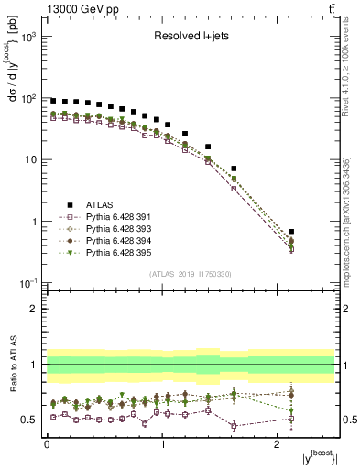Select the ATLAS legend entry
click(x=100, y=204)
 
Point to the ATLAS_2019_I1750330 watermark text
click(x=190, y=274)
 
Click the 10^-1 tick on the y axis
click(x=30, y=282)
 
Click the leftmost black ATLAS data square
click(x=53, y=101)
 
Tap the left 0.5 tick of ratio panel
click(x=33, y=420)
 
